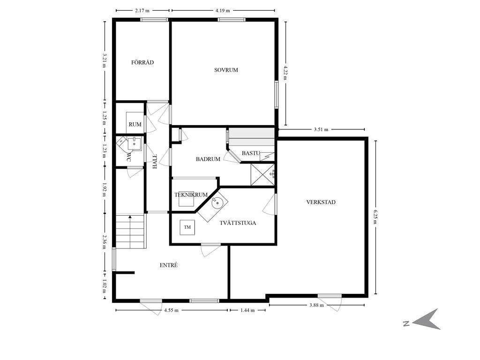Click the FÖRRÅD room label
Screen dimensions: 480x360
(142, 62)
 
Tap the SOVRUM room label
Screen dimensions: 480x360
(226, 70)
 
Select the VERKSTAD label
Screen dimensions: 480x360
(321, 202)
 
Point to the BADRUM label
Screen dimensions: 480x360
(208, 159)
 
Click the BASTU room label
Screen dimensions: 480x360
(251, 153)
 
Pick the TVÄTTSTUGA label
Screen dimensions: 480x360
(238, 223)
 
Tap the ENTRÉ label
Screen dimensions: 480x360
(169, 265)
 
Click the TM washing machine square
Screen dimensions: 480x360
(187, 227)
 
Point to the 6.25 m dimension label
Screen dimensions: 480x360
(375, 217)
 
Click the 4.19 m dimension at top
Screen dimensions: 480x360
(223, 10)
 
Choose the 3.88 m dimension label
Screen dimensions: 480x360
(316, 305)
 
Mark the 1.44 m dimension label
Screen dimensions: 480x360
(247, 310)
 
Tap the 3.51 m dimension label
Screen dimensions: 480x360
(321, 129)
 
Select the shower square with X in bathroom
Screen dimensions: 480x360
(262, 175)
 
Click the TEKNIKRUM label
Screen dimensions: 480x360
(191, 195)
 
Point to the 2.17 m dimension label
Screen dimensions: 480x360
(142, 10)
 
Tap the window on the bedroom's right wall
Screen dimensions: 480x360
(277, 95)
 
